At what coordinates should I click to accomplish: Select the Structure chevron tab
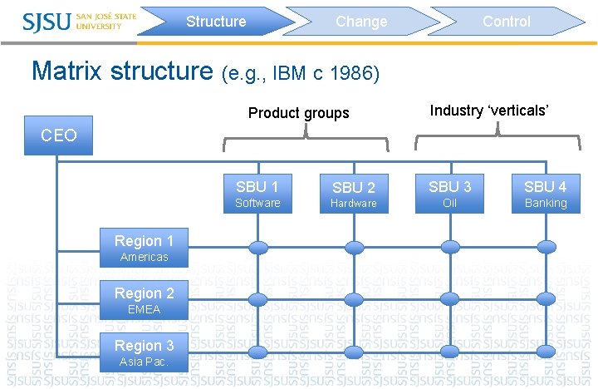[216, 22]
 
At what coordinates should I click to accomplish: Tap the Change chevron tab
[361, 22]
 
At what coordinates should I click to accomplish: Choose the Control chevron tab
[507, 22]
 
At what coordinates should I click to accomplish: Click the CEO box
[59, 135]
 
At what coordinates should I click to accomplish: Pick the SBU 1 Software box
[257, 194]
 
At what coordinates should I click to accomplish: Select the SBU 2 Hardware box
[354, 194]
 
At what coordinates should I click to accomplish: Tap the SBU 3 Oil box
[449, 194]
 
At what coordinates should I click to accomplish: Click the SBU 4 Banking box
[546, 194]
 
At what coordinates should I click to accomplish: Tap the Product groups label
[299, 113]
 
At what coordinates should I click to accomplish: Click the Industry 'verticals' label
[490, 111]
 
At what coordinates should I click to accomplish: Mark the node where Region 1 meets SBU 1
[258, 247]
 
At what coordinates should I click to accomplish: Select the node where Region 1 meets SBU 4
[546, 247]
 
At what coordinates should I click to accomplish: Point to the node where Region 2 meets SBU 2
[355, 299]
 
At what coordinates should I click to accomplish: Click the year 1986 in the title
[354, 75]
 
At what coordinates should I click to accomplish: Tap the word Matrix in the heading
[68, 71]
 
